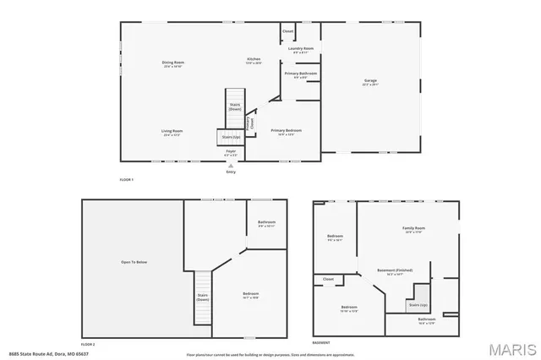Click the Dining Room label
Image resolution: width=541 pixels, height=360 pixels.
pyautogui.click(x=173, y=63)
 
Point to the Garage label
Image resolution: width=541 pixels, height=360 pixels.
pyautogui.click(x=370, y=81)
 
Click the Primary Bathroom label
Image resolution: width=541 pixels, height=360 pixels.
pyautogui.click(x=301, y=74)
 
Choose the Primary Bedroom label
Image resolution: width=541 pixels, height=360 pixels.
pyautogui.click(x=286, y=130)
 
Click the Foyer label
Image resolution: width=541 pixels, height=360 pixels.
pyautogui.click(x=230, y=151)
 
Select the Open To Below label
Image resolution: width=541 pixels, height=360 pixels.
pyautogui.click(x=134, y=262)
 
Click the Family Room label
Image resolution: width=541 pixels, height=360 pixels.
pyautogui.click(x=413, y=228)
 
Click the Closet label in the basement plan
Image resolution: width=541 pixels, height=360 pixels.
pyautogui.click(x=328, y=279)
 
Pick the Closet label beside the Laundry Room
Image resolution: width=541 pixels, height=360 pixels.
pyautogui.click(x=287, y=31)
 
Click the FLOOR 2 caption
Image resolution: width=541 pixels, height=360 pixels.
pyautogui.click(x=88, y=344)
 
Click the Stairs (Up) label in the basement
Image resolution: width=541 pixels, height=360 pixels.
pyautogui.click(x=417, y=303)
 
